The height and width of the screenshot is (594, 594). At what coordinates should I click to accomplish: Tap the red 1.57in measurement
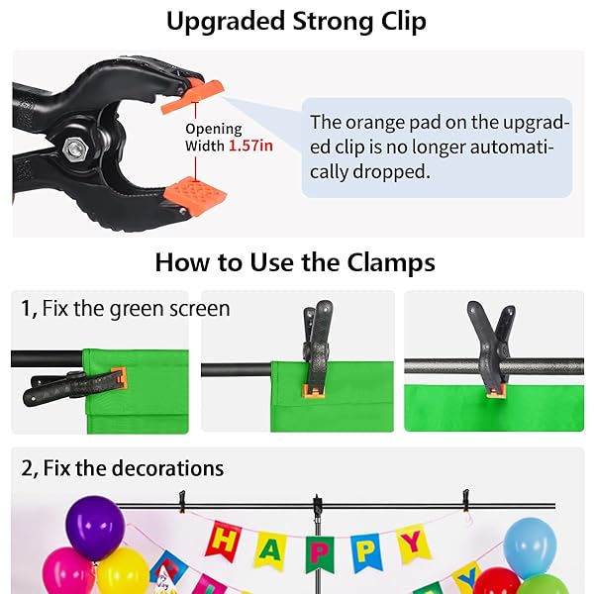pos(250,146)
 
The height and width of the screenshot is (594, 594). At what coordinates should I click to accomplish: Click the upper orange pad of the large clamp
pos(192,97)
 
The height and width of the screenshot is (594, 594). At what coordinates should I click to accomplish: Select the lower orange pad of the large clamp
pos(195,197)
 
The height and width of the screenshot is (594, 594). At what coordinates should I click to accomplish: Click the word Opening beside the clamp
pos(214,130)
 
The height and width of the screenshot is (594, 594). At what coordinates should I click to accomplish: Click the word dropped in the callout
pos(391,172)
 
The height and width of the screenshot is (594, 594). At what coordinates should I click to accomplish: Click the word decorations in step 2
pos(168,468)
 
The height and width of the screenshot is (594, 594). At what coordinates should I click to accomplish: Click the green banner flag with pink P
pos(320,554)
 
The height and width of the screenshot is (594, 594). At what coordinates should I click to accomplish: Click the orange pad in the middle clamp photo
pos(313,391)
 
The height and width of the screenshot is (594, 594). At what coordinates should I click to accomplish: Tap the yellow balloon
pos(122,571)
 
